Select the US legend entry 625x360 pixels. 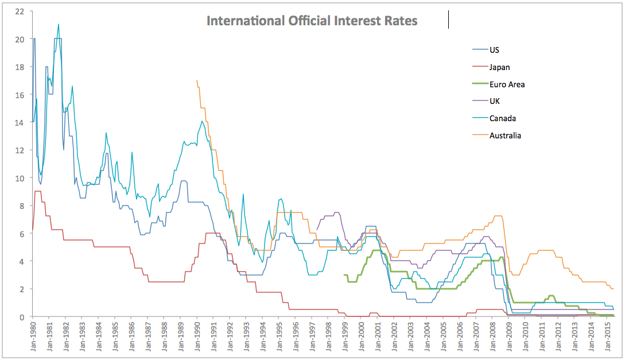coord(494,50)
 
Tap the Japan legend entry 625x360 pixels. coord(499,67)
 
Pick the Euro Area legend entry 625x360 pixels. coord(506,84)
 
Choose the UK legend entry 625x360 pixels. coord(494,102)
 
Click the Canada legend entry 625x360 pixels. coord(502,118)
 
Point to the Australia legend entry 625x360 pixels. coord(505,136)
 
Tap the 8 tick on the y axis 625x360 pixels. coord(21,206)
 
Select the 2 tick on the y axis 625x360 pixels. coord(21,289)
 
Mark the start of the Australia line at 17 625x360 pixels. coord(197,80)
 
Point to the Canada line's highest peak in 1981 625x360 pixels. coord(59,24)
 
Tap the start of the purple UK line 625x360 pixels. coord(317,230)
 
